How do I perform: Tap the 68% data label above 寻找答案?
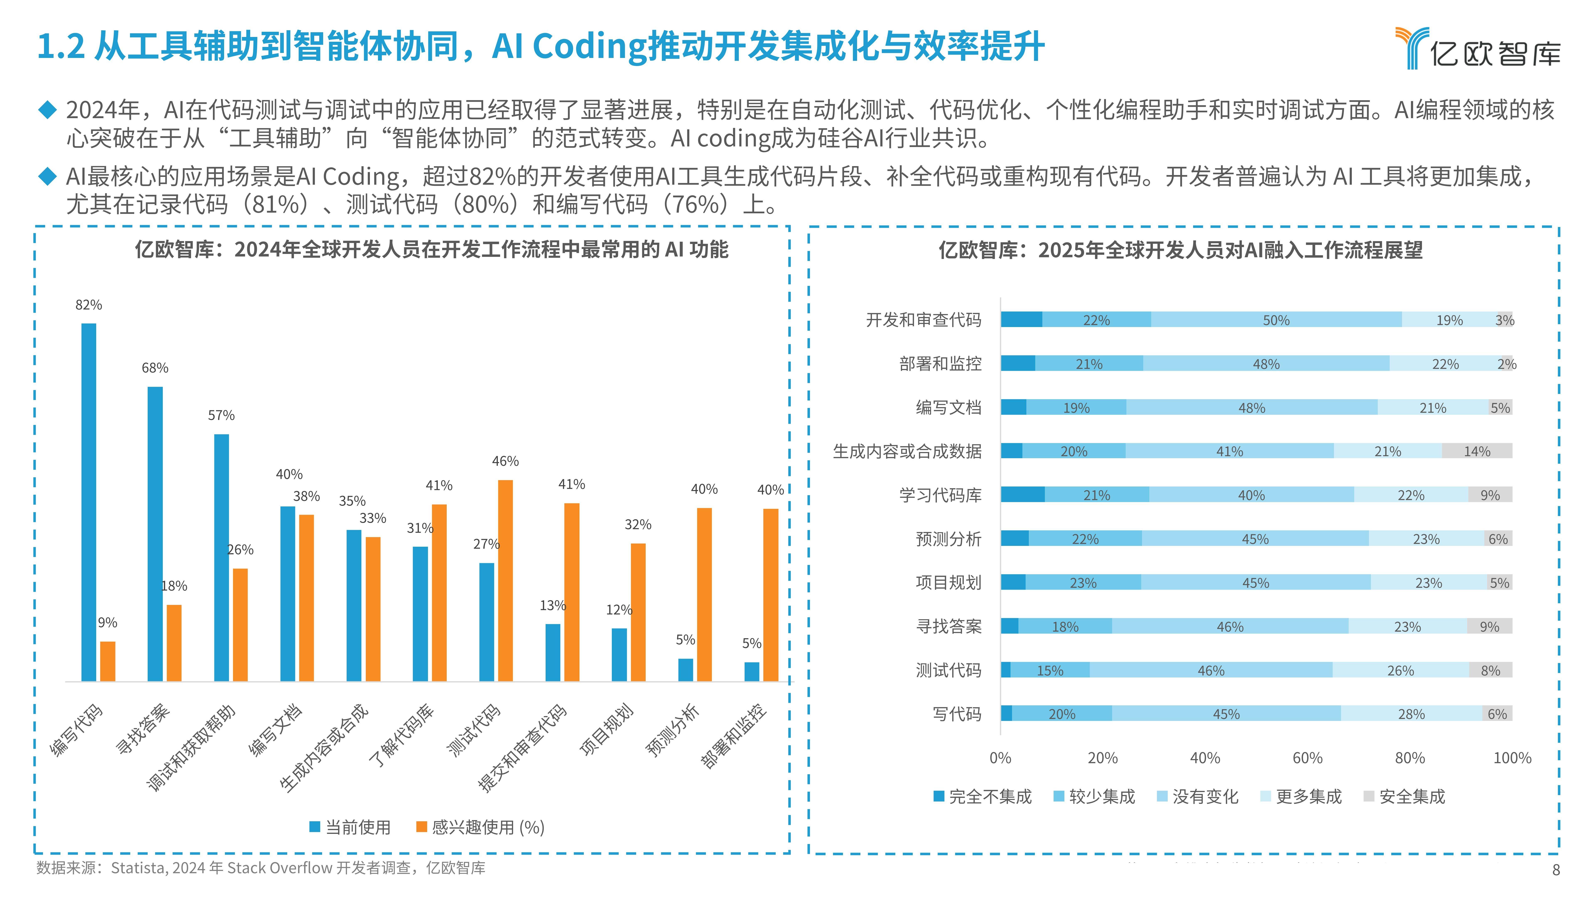coord(155,368)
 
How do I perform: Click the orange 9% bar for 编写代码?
coord(108,661)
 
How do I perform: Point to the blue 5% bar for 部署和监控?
coord(752,672)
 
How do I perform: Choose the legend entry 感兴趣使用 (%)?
coord(481,827)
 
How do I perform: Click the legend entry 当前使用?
coord(350,827)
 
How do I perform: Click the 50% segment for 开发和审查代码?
coord(1276,319)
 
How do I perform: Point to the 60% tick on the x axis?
coord(1307,758)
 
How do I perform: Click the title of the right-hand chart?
coord(1180,250)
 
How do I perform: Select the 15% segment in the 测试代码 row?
coord(1050,670)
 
